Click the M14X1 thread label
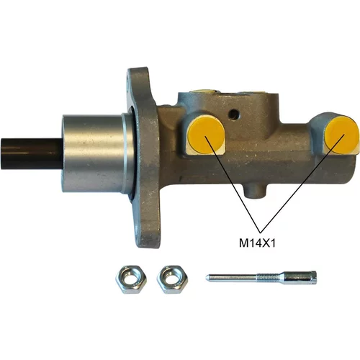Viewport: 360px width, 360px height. [x=257, y=243]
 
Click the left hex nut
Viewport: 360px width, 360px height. [x=131, y=279]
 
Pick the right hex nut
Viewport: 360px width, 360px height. [x=172, y=279]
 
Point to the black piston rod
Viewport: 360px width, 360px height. [x=32, y=153]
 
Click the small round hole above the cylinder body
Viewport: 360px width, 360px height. [x=234, y=114]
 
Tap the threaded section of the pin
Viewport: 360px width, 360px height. [x=267, y=278]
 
